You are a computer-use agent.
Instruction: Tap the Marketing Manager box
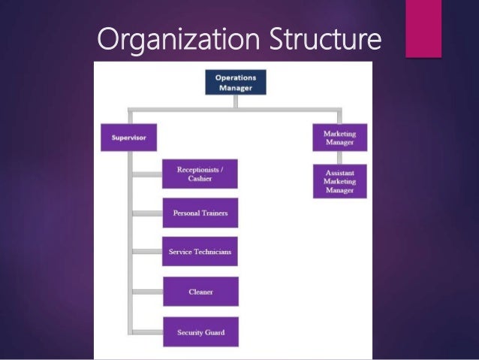(x=339, y=138)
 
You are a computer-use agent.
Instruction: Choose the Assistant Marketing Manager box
(x=339, y=181)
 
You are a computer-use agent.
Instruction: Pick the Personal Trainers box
(x=200, y=213)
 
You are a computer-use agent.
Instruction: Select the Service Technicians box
(x=200, y=251)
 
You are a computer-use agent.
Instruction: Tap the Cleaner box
(x=200, y=291)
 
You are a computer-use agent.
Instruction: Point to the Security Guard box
(x=200, y=331)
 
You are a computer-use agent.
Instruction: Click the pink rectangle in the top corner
(x=423, y=28)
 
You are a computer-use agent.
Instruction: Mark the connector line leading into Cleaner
(x=147, y=291)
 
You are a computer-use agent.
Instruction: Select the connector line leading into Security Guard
(x=147, y=331)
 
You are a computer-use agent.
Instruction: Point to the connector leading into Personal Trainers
(x=147, y=213)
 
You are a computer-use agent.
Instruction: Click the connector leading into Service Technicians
(x=147, y=251)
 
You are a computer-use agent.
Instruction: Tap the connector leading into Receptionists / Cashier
(x=147, y=174)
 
